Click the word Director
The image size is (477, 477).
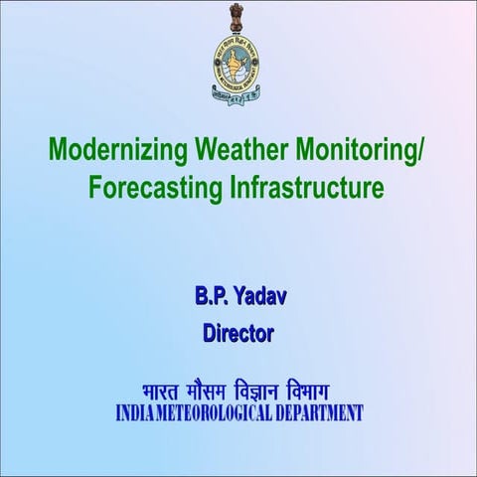pyautogui.click(x=238, y=334)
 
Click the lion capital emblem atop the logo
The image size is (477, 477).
pyautogui.click(x=238, y=18)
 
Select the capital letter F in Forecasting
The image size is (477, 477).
pyautogui.click(x=95, y=188)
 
